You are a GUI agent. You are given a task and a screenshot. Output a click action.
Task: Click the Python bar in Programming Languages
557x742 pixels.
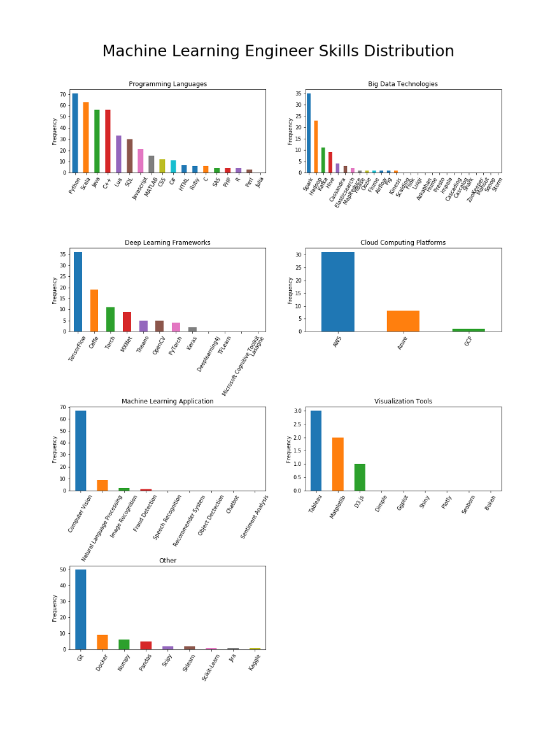(75, 133)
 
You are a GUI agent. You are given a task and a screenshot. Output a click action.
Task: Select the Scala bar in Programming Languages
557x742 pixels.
(86, 137)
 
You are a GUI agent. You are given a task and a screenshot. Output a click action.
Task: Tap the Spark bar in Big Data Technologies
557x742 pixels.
(309, 133)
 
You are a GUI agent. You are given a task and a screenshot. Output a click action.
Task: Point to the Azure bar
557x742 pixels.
(403, 321)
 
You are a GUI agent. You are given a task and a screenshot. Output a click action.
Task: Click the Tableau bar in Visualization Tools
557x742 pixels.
(316, 451)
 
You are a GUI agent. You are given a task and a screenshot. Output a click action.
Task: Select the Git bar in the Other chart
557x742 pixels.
(81, 609)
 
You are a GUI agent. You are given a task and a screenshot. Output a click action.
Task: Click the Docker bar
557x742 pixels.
(102, 642)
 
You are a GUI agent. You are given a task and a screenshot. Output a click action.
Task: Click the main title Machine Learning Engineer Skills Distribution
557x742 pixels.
(278, 52)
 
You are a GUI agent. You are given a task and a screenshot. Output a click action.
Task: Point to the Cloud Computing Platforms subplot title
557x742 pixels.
(403, 242)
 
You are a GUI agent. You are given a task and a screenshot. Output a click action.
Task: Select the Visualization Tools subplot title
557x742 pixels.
(403, 402)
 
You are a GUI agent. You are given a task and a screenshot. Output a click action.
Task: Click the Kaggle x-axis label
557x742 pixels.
(255, 664)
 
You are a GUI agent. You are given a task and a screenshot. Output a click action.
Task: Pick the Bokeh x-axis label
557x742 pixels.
(490, 505)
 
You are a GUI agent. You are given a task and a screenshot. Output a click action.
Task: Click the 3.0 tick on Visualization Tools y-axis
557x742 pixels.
(297, 411)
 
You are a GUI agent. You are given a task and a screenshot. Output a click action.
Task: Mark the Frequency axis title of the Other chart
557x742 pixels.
(55, 608)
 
